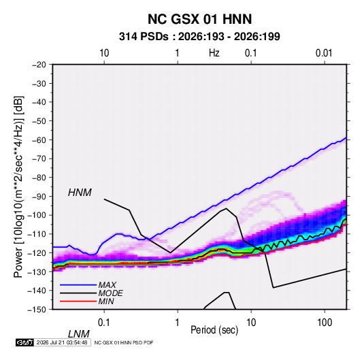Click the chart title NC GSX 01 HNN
click(199, 19)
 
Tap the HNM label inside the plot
click(80, 193)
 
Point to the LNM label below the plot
click(78, 334)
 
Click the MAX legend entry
click(107, 285)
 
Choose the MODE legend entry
click(110, 293)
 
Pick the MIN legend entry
click(106, 301)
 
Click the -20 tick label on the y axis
click(39, 65)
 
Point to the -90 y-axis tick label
click(39, 197)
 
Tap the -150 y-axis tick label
click(37, 310)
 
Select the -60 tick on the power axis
click(39, 140)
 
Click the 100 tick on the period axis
click(325, 323)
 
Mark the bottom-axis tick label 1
click(178, 323)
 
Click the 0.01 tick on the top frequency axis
click(324, 53)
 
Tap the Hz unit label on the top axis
click(214, 53)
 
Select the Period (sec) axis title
click(214, 330)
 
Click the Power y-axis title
click(18, 187)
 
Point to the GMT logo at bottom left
click(24, 342)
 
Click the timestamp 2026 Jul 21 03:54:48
click(62, 342)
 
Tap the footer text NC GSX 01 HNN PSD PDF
click(124, 342)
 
